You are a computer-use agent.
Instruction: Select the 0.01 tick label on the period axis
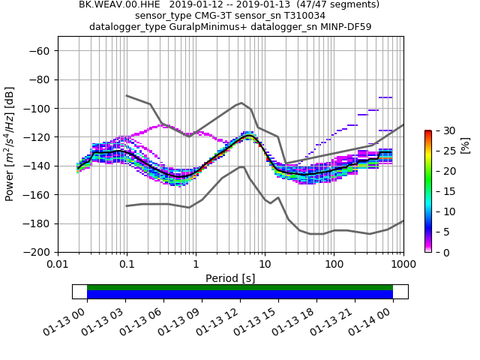(58, 265)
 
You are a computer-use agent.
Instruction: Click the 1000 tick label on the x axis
(403, 265)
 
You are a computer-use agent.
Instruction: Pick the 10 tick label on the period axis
(265, 265)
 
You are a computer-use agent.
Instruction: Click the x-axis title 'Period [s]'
(230, 278)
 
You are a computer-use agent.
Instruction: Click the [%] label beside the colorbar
(465, 144)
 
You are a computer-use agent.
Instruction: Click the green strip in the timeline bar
(240, 287)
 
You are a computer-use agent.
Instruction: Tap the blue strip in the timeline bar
(240, 295)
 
